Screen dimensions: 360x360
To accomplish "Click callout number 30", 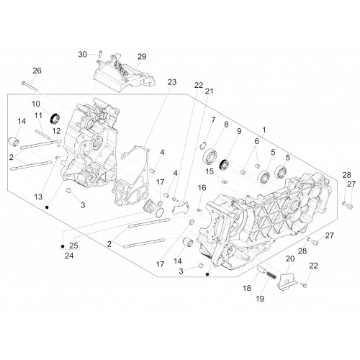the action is [82, 55].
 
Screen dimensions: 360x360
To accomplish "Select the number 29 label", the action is [142, 57].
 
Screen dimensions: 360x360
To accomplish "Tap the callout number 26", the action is [37, 71].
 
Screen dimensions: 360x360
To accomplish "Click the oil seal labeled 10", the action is [55, 118].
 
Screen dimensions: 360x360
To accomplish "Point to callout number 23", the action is [172, 82].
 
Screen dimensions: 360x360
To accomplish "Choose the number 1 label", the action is [264, 130].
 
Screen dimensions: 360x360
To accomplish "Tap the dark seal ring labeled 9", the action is [224, 164].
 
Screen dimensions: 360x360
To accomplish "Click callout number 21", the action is [209, 91].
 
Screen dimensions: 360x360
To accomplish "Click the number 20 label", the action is [290, 258].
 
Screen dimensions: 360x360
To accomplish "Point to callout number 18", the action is [247, 288].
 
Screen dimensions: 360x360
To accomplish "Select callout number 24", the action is [69, 256].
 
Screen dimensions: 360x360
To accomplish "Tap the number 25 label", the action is [73, 246].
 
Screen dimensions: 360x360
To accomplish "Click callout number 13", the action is [38, 197].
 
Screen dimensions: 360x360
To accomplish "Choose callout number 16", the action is [202, 188].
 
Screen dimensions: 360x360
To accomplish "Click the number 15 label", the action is [210, 171].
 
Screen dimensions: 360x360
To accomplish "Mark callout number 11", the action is [38, 115].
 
